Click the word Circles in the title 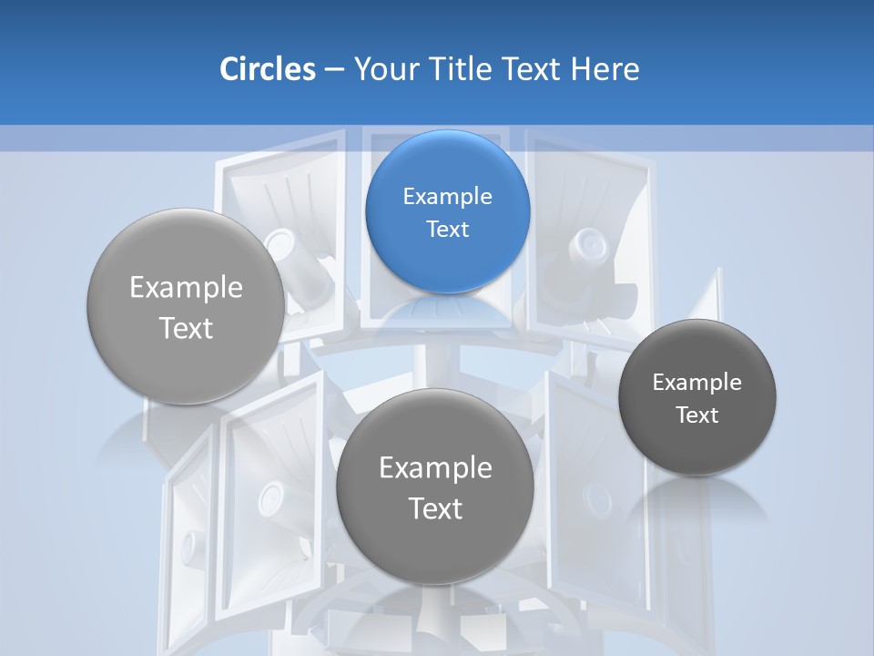point(267,69)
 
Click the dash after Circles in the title point(334,70)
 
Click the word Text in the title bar point(533,69)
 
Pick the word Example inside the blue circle point(447,196)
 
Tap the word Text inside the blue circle point(447,229)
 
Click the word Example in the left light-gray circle point(186,288)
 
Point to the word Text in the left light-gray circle point(186,328)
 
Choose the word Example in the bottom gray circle point(435,468)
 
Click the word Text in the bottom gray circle point(435,508)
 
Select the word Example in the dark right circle point(696,382)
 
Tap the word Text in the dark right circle point(696,415)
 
